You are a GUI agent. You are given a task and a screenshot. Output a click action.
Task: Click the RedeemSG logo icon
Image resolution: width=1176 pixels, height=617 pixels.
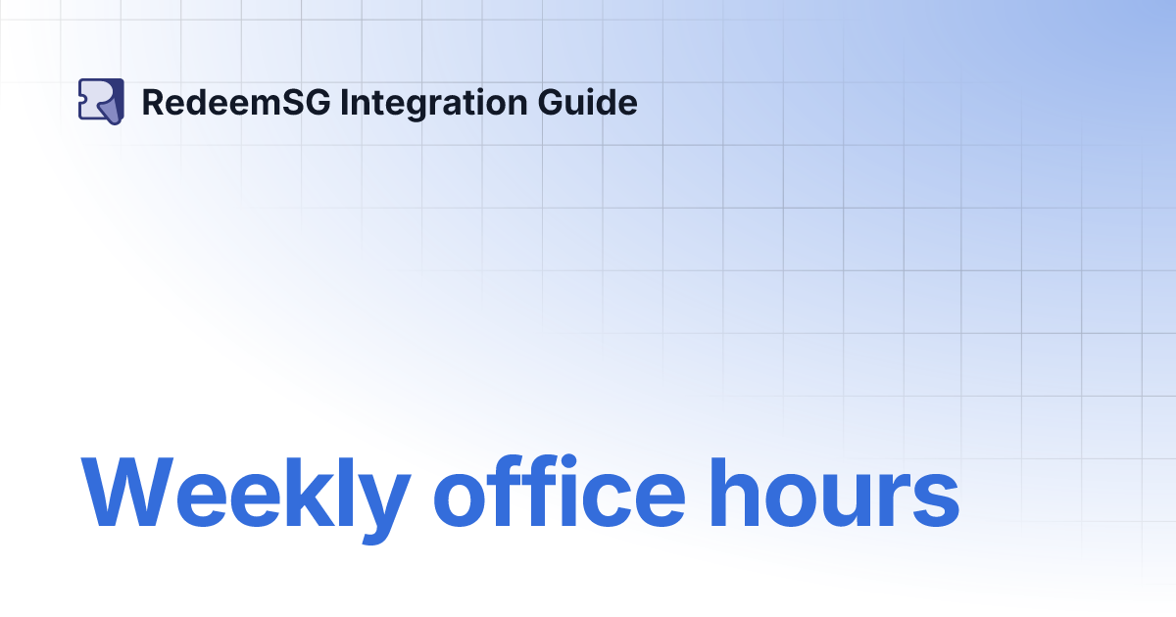point(101,101)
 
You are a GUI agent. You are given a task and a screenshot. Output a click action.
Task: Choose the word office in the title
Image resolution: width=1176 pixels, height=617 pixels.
point(560,495)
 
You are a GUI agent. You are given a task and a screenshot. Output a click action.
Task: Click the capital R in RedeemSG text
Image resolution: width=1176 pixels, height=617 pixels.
point(153,102)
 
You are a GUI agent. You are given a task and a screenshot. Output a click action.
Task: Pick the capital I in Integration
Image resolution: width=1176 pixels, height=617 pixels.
point(344,102)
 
